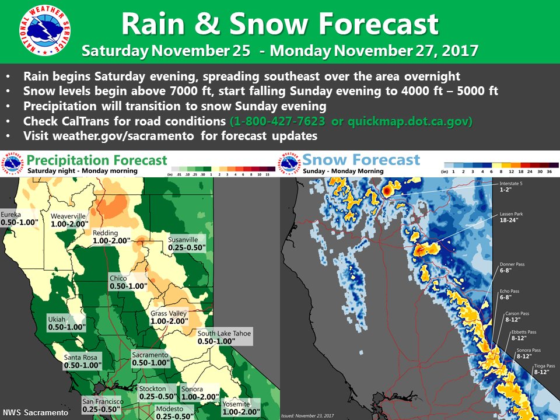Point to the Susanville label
click(183, 244)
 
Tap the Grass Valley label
click(169, 317)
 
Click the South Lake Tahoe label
click(216, 337)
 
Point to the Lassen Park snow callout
click(511, 218)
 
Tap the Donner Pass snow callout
click(512, 268)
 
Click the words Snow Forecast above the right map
click(362, 159)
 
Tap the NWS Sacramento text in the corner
click(36, 412)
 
